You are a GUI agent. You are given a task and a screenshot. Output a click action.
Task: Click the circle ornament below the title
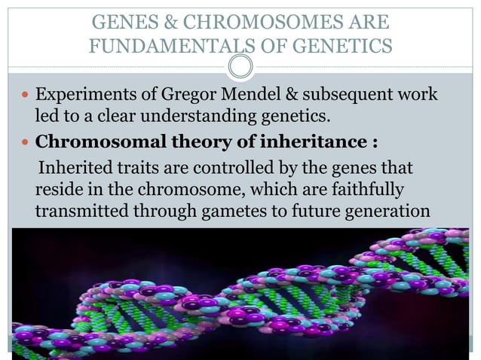pos(240,66)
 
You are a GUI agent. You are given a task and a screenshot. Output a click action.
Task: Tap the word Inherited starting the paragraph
pos(74,166)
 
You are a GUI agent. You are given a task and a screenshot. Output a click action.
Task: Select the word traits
pos(138,166)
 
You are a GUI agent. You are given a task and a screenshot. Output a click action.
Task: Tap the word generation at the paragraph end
pos(388,212)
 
